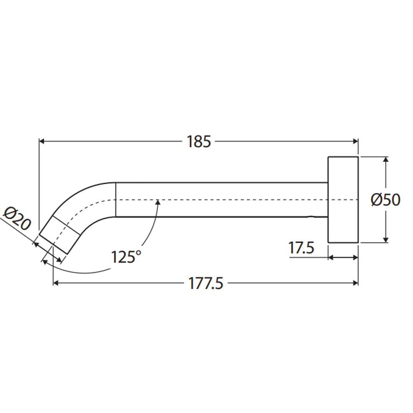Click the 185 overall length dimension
(199, 141)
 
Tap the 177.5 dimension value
(206, 283)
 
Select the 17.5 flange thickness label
(301, 247)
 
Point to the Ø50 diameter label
(385, 200)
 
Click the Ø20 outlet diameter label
(16, 218)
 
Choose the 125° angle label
(126, 257)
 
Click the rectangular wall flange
(343, 199)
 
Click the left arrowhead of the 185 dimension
(42, 141)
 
